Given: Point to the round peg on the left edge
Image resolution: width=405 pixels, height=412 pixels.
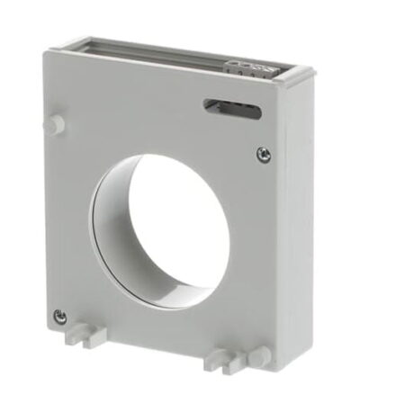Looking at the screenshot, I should pos(57,124).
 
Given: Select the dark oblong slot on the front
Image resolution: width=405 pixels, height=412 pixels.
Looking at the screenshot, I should pos(233,111).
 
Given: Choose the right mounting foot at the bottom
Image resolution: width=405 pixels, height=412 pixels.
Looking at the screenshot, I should pos(220,359).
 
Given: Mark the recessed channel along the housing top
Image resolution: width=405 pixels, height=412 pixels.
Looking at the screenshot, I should pos(171,51).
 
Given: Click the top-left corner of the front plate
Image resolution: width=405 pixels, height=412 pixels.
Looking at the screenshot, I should pos(45,52).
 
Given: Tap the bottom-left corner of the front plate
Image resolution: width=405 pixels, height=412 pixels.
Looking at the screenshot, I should pos(47,325).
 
